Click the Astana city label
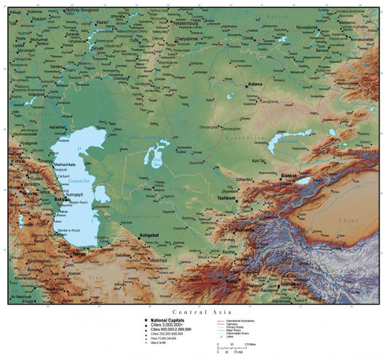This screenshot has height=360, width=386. (x=254, y=85)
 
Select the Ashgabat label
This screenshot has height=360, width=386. (x=150, y=236)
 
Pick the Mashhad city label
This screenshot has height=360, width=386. (x=158, y=259)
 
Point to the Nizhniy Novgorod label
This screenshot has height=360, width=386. (x=81, y=10)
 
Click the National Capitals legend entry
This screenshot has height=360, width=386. (x=168, y=320)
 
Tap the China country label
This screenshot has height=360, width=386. (x=350, y=218)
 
